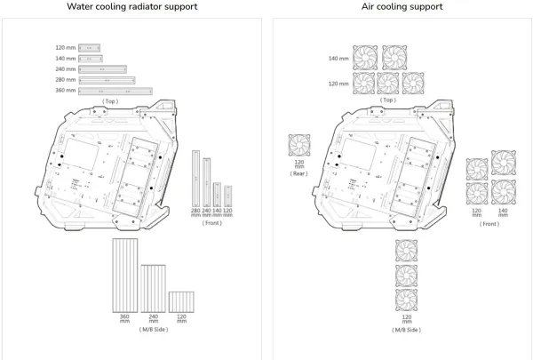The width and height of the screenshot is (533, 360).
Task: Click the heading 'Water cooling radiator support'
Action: coord(131,7)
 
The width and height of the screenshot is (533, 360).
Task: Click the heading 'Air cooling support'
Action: coord(402,7)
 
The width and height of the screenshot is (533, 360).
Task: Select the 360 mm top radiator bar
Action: coord(115,92)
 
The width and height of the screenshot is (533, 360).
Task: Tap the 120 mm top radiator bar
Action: coord(89,48)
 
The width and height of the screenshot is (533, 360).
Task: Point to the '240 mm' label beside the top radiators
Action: coord(66,69)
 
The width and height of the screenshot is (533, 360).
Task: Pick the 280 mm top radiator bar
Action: coord(107,80)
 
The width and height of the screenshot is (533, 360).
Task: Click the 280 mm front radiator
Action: coord(195,179)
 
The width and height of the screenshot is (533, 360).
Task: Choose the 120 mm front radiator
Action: coord(227,196)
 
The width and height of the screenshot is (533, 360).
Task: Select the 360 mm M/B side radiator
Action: coord(125,276)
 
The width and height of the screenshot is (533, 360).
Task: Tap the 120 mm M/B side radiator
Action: coord(181,302)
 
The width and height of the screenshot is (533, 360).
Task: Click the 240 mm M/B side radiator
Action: coord(154,289)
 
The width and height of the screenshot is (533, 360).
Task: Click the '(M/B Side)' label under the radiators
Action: coord(154,330)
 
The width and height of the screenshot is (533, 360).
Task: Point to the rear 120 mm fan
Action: coord(299,145)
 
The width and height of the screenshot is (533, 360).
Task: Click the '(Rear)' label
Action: coord(298,173)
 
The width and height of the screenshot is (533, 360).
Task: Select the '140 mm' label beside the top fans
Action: coord(338,59)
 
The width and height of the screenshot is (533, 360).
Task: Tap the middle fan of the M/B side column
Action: coord(407,276)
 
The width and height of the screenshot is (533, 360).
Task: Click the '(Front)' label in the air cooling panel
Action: coord(489,224)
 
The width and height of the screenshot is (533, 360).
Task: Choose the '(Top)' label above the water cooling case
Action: coord(110,101)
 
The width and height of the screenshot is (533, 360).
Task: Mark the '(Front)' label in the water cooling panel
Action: coord(211,223)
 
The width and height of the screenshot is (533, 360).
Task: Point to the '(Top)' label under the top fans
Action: coord(388,100)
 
